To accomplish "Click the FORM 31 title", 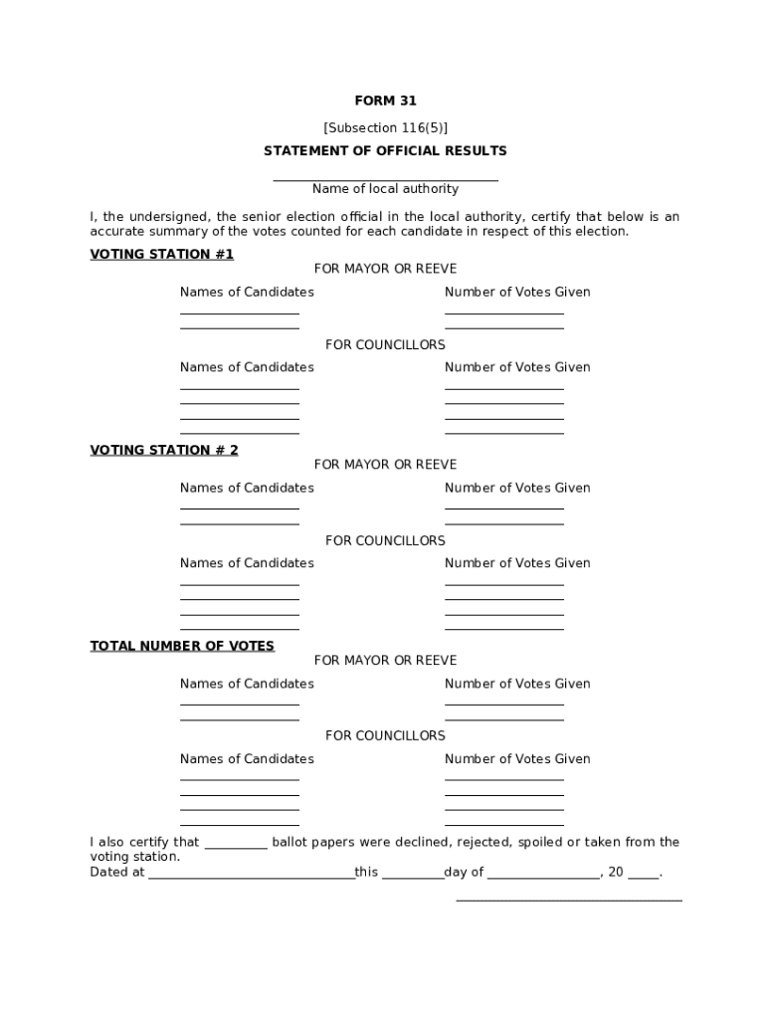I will pos(385,101).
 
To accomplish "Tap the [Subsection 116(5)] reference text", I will pos(385,127).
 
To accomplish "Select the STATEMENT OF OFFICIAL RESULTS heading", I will pos(385,151).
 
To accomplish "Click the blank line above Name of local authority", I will pos(385,180).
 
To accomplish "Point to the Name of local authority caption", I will pos(385,189).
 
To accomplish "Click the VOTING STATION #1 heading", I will pos(161,255).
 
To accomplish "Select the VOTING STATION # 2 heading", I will pos(164,450).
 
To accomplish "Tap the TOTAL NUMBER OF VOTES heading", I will pos(182,646).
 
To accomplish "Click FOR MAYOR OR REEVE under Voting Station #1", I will pos(385,269).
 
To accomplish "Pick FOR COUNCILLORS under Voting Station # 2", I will pos(385,540).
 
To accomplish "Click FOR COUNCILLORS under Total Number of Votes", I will pos(385,735).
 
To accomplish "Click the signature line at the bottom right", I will pos(569,899).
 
